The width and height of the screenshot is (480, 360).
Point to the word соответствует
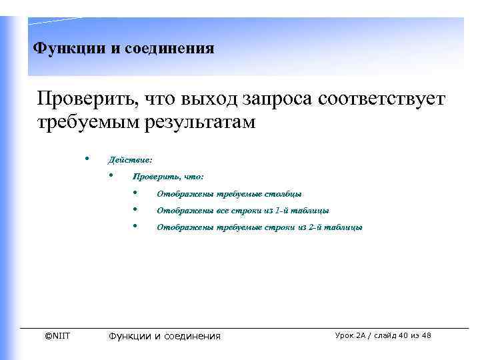coord(382,101)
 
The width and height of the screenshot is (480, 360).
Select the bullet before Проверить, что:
coord(111,176)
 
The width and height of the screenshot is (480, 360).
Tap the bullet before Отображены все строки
coord(135,209)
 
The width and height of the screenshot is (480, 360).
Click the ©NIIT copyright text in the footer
coord(57,336)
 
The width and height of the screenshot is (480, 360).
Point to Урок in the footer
coord(346,335)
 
